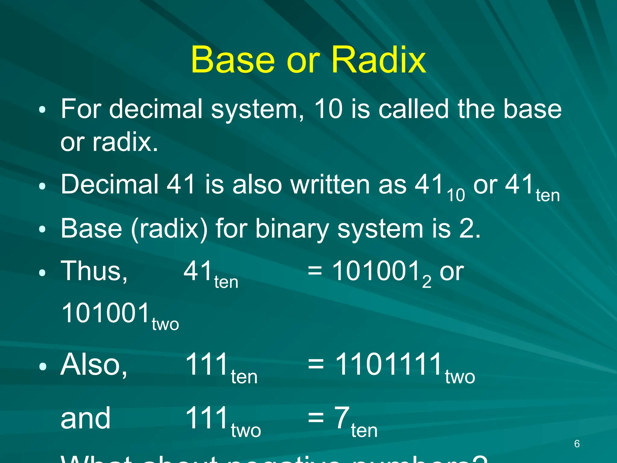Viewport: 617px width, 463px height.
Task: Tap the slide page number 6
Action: [577, 444]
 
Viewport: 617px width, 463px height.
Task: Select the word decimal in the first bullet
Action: [155, 109]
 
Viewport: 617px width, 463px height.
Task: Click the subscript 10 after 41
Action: [456, 195]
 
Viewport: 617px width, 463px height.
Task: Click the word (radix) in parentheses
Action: [169, 228]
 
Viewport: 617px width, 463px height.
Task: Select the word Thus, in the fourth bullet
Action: [94, 271]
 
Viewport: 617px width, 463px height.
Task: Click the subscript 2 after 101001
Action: [427, 282]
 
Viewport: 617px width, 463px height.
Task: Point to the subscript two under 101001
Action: [165, 324]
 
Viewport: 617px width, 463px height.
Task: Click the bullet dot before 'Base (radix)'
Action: [42, 230]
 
